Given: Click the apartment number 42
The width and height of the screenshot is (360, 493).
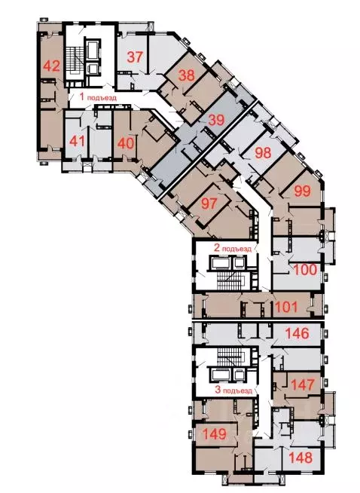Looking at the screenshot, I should click(x=51, y=65).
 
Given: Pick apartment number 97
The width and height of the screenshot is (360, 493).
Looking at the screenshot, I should click(x=209, y=202).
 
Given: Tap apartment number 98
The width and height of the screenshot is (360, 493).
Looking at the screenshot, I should click(x=263, y=152).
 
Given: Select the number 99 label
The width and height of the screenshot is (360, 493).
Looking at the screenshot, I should click(x=303, y=191).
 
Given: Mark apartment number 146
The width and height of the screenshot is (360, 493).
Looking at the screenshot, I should click(x=296, y=333).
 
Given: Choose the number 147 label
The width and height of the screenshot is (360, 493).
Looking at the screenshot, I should click(x=301, y=385).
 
